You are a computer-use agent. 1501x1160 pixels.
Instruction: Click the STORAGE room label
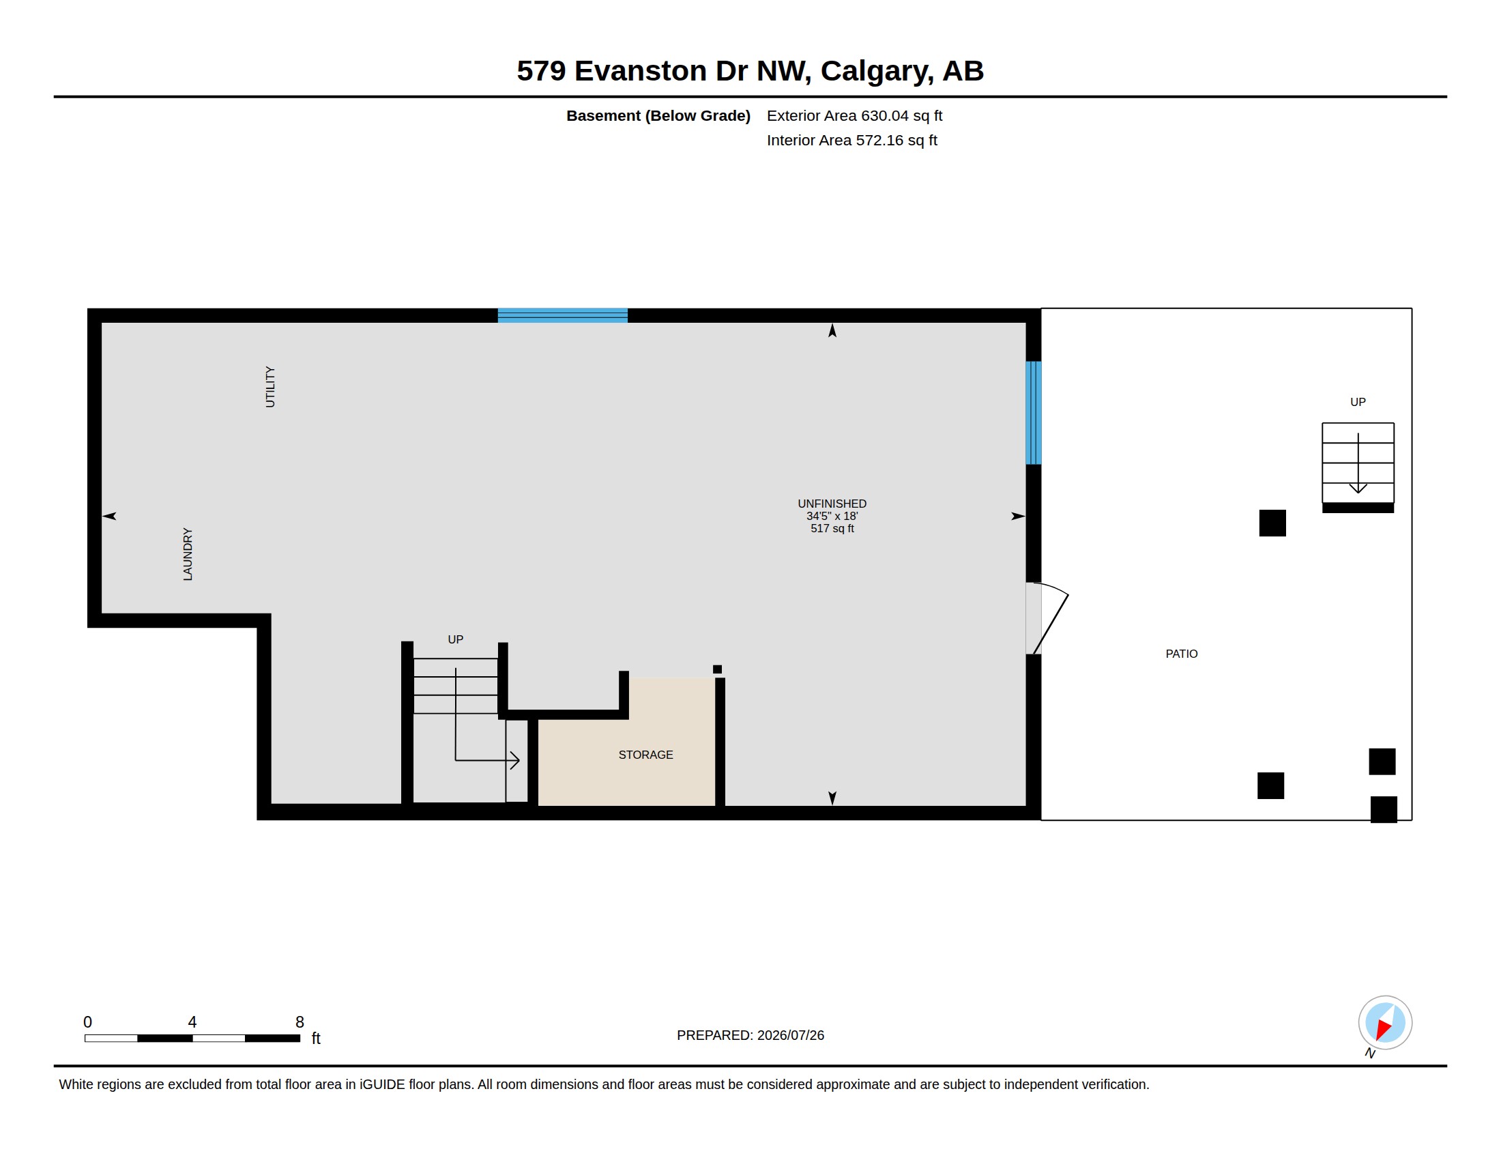(x=645, y=755)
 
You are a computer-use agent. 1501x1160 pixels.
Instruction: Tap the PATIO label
(x=1182, y=654)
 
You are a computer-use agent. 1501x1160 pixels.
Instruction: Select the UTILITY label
(x=270, y=387)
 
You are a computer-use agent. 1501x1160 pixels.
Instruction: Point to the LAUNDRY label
(x=188, y=554)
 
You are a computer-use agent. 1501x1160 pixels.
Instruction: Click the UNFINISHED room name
(x=832, y=504)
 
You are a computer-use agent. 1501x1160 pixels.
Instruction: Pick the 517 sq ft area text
(x=832, y=528)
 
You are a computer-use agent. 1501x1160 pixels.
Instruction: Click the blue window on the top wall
(x=562, y=315)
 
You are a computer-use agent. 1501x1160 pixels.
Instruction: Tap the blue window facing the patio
(x=1033, y=413)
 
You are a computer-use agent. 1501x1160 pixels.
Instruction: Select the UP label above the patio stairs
(x=1357, y=402)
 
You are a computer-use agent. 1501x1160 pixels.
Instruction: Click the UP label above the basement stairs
(x=455, y=639)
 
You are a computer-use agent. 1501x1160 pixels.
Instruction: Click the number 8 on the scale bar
(x=300, y=1022)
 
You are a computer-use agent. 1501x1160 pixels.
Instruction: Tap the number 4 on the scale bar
(x=192, y=1022)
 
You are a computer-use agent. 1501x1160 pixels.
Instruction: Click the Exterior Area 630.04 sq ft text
(x=854, y=115)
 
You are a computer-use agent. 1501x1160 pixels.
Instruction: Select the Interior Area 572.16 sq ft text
(x=851, y=140)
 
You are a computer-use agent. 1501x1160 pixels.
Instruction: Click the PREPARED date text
(x=750, y=1035)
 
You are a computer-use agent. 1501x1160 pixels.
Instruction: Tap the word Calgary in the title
(x=877, y=72)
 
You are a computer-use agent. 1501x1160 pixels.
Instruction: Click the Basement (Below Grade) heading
(x=658, y=115)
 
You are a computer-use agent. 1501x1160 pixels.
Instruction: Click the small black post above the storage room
(x=717, y=669)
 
